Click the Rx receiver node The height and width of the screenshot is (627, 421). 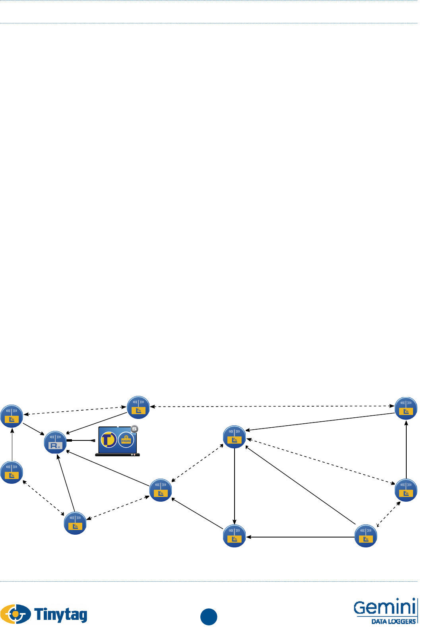(55, 442)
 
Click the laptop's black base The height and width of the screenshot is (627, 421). (117, 454)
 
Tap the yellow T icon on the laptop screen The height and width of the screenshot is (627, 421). (109, 440)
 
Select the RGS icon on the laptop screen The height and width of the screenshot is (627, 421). (126, 440)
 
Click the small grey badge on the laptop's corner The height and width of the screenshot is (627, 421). (135, 429)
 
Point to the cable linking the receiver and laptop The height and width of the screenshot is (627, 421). (81, 440)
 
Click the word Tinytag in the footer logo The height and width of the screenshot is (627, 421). (61, 615)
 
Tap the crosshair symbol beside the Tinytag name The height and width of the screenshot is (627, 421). (15, 614)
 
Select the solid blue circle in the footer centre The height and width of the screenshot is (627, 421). (209, 617)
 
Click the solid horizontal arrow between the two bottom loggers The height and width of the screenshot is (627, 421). (300, 537)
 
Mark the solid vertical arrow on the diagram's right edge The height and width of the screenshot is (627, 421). (406, 450)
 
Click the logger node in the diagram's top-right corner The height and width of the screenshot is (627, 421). (406, 408)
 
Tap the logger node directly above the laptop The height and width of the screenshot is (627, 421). (138, 407)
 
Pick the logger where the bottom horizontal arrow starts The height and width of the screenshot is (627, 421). (366, 536)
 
